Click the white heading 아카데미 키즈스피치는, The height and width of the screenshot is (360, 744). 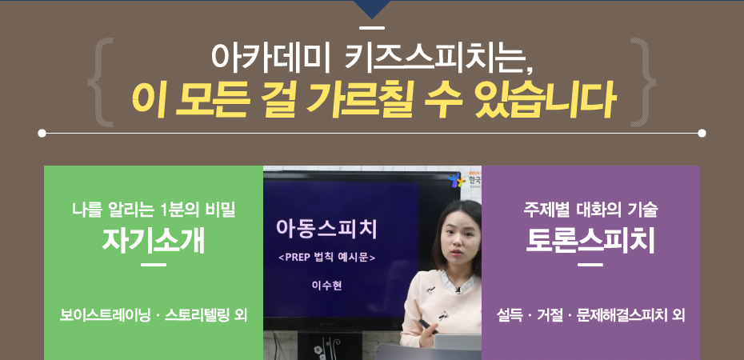[372, 57]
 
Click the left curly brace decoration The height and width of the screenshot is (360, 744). [101, 82]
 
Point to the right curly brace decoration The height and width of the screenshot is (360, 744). [643, 82]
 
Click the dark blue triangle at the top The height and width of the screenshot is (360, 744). [372, 7]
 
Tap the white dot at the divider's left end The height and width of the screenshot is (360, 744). [42, 134]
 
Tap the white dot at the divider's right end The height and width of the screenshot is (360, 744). [702, 134]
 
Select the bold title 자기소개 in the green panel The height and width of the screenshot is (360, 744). [154, 242]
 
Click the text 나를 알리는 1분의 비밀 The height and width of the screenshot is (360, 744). [154, 210]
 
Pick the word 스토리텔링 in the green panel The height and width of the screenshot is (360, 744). [196, 315]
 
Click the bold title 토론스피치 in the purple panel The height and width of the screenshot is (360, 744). [590, 242]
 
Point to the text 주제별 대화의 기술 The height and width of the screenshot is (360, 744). [590, 210]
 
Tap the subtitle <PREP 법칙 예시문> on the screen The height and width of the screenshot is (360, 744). [326, 258]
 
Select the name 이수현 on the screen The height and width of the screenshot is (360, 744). [326, 286]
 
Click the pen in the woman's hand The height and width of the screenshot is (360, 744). [427, 326]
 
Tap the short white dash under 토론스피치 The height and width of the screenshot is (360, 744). [590, 265]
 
